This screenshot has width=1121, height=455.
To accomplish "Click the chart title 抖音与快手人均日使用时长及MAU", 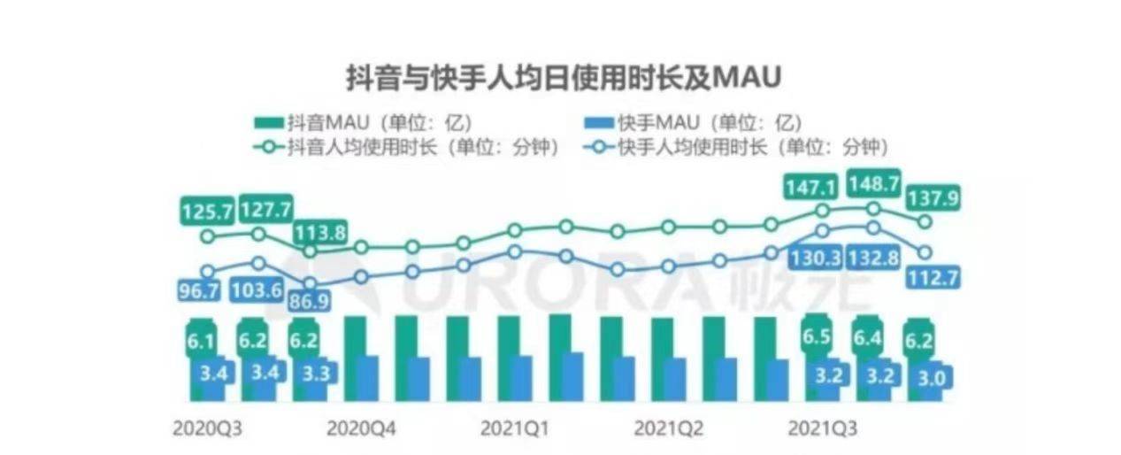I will (x=564, y=78).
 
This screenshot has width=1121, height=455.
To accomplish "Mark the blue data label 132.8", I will (x=872, y=262).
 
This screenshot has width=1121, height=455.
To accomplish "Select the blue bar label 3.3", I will (x=315, y=373).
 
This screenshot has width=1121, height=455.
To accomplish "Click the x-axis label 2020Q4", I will (x=362, y=427).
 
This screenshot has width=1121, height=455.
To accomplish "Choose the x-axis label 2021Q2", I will (x=669, y=427).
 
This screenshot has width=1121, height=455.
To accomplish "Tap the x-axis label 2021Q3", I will (x=822, y=427).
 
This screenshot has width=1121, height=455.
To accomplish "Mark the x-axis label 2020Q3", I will (x=208, y=427).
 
